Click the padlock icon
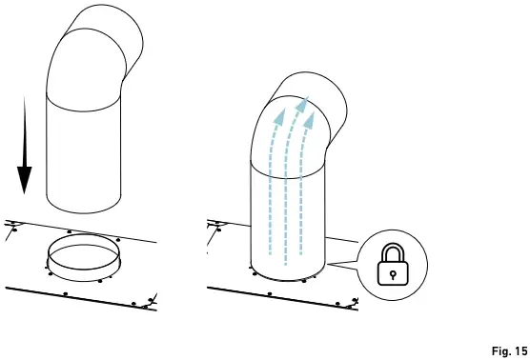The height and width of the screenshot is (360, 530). tap(393, 263)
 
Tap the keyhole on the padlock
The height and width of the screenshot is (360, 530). tap(393, 270)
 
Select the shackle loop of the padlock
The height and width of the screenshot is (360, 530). tap(393, 250)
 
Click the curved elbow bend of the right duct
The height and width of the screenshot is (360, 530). tap(305, 105)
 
